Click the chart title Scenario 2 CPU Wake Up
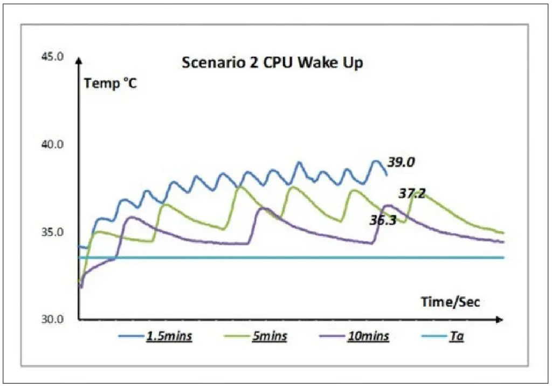[272, 63]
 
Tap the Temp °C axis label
[111, 84]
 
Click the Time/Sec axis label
[450, 302]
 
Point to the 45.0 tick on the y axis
[52, 57]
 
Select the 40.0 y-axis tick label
[52, 145]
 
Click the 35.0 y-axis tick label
[52, 233]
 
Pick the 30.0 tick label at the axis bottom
[52, 319]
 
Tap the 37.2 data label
[412, 194]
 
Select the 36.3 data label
[383, 220]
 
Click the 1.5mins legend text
[169, 337]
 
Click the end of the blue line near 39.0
[387, 174]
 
